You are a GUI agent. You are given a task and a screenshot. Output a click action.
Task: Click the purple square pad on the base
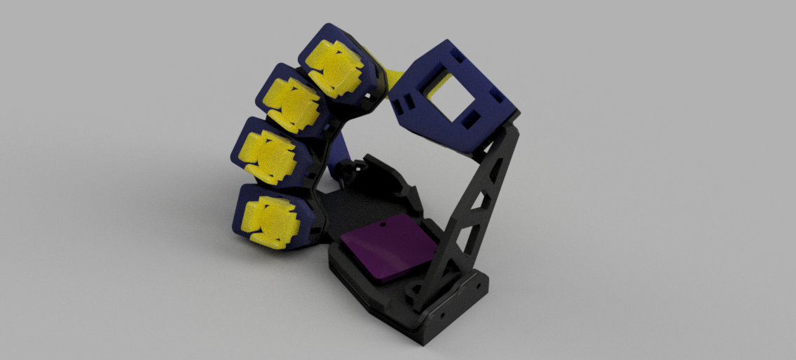tap(387, 248)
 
